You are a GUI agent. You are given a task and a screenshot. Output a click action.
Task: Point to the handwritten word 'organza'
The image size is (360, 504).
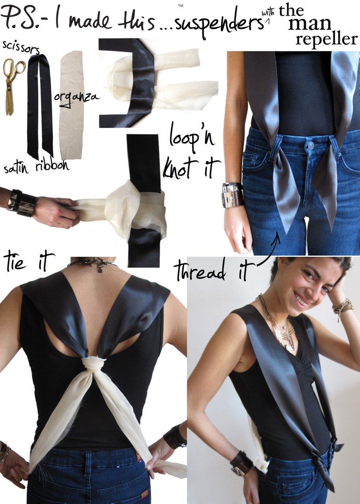pos(76,98)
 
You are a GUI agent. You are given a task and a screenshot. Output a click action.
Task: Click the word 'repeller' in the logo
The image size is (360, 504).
pos(327,39)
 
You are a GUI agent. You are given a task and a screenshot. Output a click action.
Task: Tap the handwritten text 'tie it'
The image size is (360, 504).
pos(28,262)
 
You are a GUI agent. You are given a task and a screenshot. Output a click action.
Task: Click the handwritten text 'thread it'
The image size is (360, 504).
pos(215,271)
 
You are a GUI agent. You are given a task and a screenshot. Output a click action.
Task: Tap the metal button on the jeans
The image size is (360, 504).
pos(311,145)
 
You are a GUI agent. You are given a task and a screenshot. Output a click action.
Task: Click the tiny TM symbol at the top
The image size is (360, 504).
pos(180,6)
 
